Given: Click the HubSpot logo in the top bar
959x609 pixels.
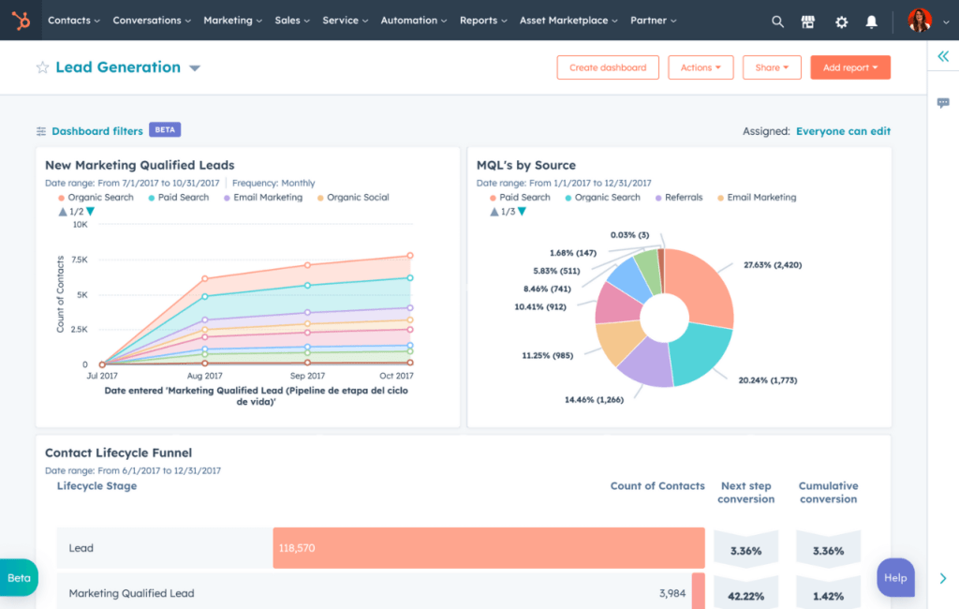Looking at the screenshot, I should pos(21,20).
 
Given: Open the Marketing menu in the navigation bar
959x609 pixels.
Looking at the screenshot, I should pos(232,21).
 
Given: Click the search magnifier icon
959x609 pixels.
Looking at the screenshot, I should pos(777,21).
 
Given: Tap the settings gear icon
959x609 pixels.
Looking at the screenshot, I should pos(841,21).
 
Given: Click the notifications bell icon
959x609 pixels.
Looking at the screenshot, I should pos(872,21).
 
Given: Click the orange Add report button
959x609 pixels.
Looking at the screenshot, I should pos(849,67).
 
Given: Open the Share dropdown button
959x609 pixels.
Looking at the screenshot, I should pos(772,67).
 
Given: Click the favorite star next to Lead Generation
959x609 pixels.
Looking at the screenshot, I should pos(42,67).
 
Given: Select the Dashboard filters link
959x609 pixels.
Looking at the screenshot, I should pos(96,131).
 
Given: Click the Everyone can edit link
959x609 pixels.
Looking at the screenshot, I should pos(843,131).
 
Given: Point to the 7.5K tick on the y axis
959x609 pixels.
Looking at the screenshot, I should pos(79,260).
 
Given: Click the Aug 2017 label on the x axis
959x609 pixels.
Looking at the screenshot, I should pos(205,375).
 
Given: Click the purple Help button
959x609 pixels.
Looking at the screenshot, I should pos(894,577).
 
